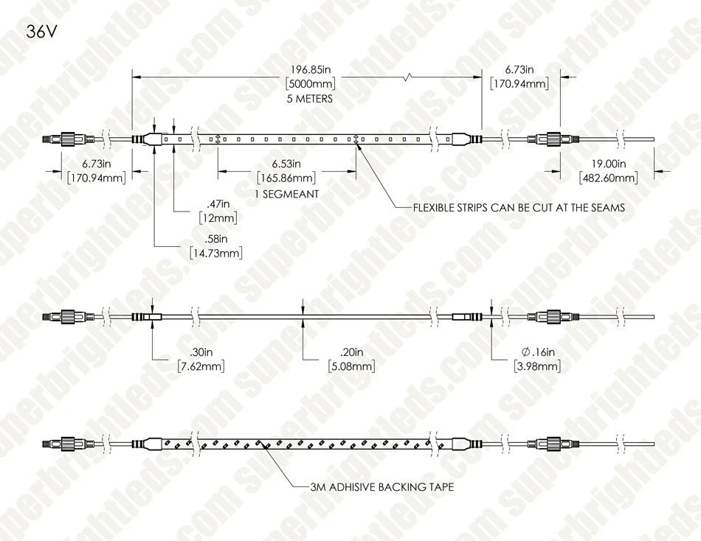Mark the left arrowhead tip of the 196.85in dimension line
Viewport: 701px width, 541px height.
click(132, 77)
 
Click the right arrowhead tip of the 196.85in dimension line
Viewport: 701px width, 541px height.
click(482, 77)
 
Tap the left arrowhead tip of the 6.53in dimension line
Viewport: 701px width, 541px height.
click(218, 171)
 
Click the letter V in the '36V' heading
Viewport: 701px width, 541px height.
click(52, 32)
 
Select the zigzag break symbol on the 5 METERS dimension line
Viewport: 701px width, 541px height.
click(408, 77)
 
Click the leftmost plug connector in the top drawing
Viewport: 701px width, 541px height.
click(68, 139)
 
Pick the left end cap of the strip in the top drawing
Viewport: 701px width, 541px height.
click(147, 139)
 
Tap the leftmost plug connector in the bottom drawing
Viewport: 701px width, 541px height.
click(68, 444)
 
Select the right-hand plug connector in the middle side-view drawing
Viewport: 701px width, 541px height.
click(553, 317)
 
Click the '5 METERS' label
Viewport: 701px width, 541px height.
click(310, 99)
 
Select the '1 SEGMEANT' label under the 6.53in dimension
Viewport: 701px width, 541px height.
click(286, 194)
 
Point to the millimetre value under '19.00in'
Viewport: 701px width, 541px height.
click(609, 178)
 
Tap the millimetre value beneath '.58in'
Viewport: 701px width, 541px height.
click(216, 253)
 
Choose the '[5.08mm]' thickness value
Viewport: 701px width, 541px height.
click(351, 366)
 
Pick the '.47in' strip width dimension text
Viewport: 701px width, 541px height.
click(218, 203)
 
